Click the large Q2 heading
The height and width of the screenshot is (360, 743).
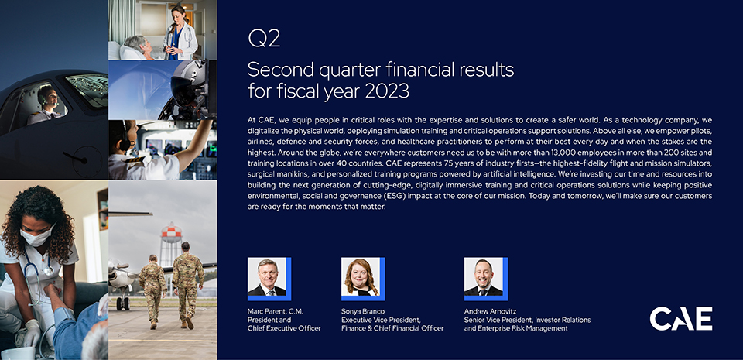264,39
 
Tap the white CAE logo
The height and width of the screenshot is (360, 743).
680,318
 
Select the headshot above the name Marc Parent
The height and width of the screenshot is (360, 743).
267,277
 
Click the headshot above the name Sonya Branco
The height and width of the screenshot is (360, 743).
361,277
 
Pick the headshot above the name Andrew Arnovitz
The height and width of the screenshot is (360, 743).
484,277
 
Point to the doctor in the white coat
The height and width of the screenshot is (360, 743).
181,33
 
